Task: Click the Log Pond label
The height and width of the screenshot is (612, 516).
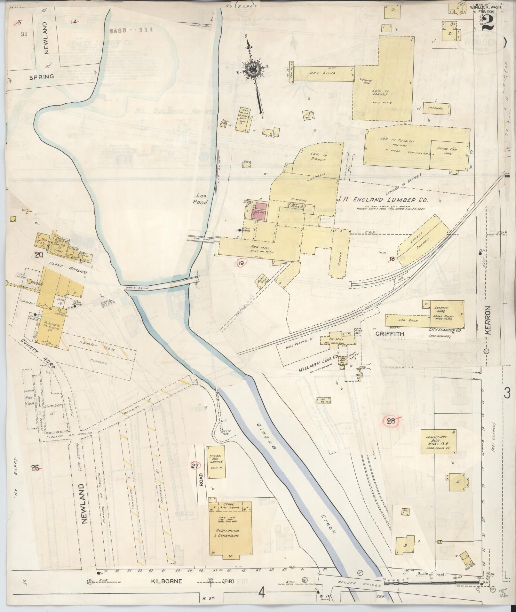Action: point(201,198)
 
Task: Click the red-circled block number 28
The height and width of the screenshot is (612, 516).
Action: point(391,421)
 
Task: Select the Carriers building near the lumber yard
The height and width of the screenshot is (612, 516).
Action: point(435,108)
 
